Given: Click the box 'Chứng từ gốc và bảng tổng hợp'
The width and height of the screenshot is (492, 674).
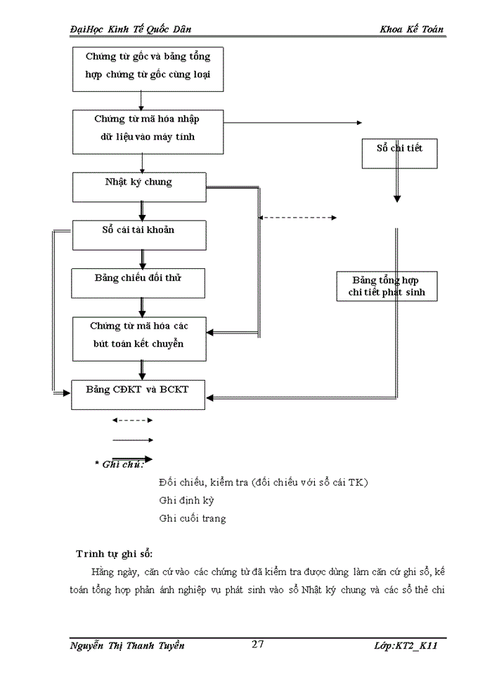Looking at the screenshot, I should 148,69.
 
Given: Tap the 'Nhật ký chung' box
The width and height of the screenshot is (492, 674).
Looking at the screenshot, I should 138,186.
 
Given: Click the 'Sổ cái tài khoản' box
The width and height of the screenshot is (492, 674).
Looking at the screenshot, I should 138,234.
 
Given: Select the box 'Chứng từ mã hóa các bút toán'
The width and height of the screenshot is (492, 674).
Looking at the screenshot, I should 138,338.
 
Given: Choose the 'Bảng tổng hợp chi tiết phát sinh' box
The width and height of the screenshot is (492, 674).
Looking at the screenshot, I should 387,286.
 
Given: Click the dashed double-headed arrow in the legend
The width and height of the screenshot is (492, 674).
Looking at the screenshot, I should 133,421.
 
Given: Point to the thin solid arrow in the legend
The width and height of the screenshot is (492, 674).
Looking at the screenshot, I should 133,440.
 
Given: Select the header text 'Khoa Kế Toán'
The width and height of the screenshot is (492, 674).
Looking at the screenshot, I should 411,29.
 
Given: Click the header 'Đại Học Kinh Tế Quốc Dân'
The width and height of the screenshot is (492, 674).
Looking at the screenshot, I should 131,29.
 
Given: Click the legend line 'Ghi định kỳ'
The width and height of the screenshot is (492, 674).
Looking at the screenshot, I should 186,501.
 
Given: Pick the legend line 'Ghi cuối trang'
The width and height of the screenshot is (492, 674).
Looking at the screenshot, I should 193,519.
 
